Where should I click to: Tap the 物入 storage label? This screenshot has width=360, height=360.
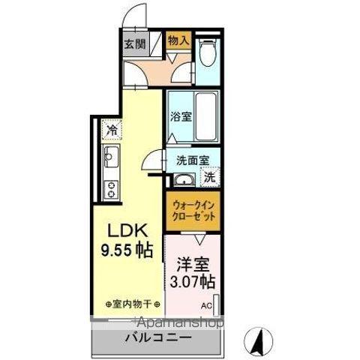(177, 40)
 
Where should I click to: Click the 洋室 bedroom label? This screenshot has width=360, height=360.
(191, 265)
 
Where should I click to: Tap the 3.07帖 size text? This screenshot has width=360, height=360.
(193, 282)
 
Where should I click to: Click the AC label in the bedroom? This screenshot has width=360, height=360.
(205, 305)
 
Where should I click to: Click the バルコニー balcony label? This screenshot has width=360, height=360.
(157, 340)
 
